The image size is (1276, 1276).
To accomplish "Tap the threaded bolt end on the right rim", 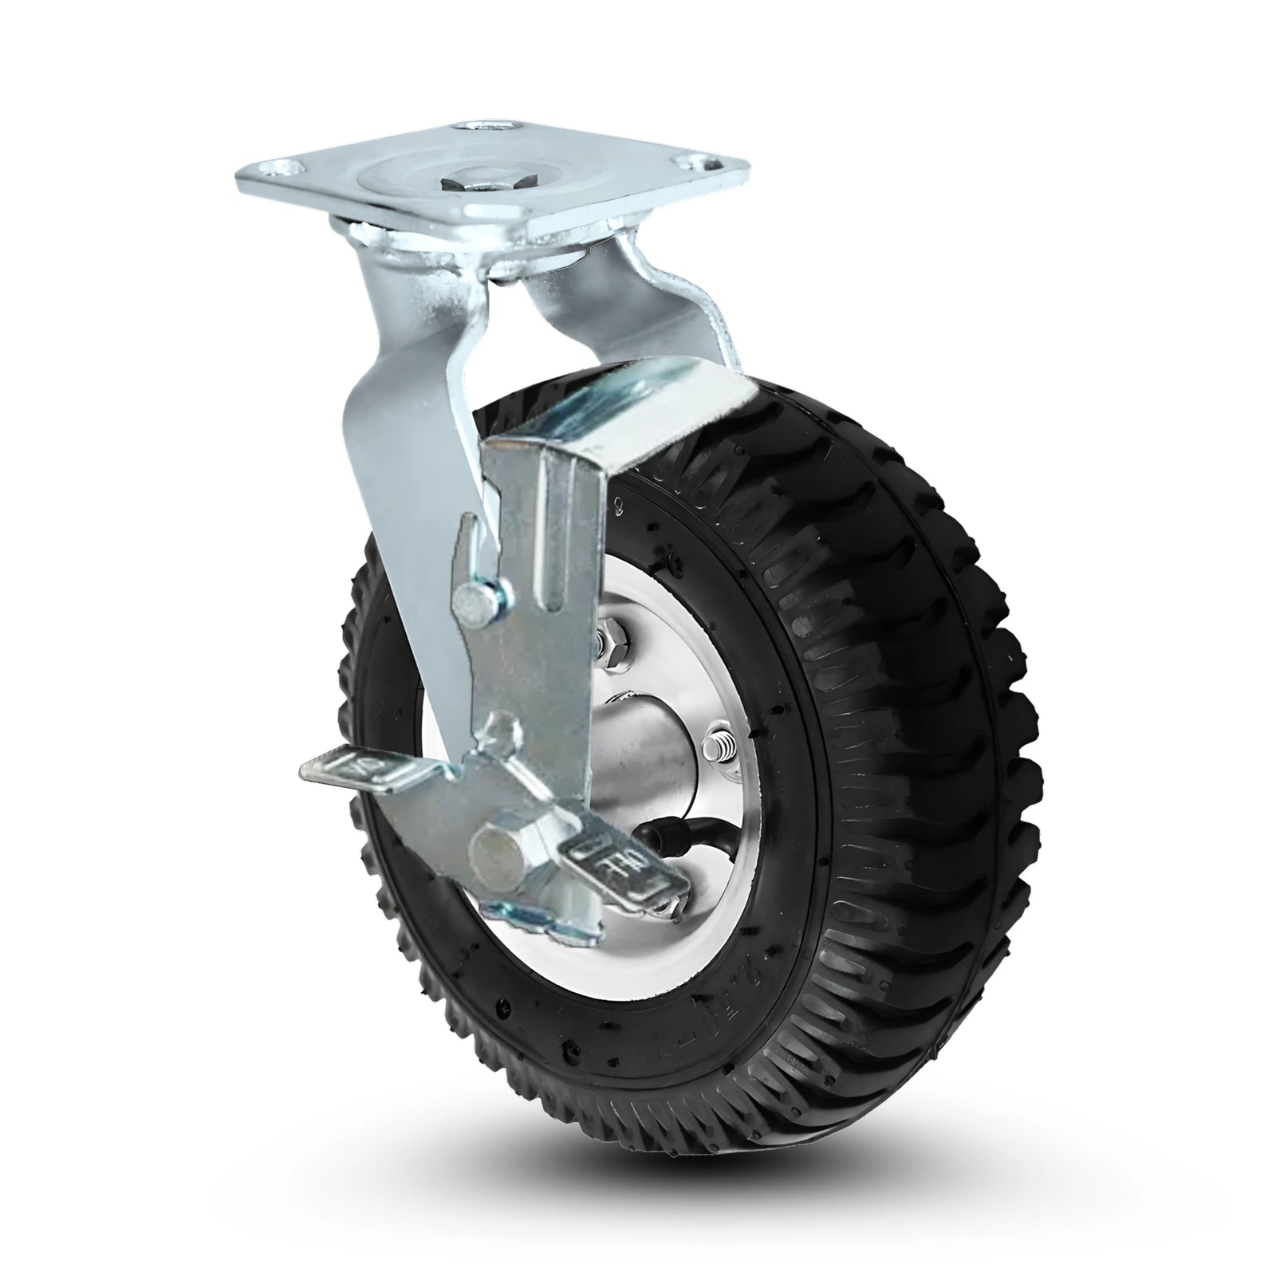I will (719, 748).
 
